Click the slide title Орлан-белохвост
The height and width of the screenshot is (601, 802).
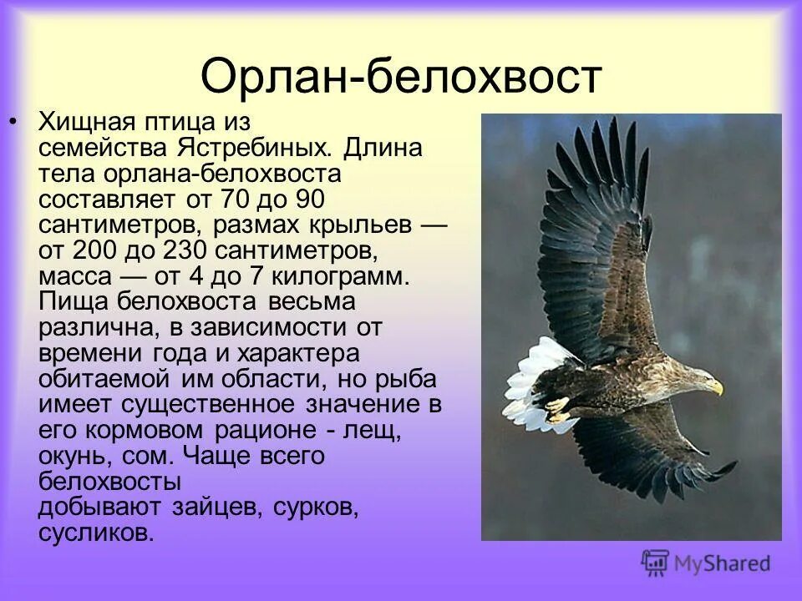coord(401,77)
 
